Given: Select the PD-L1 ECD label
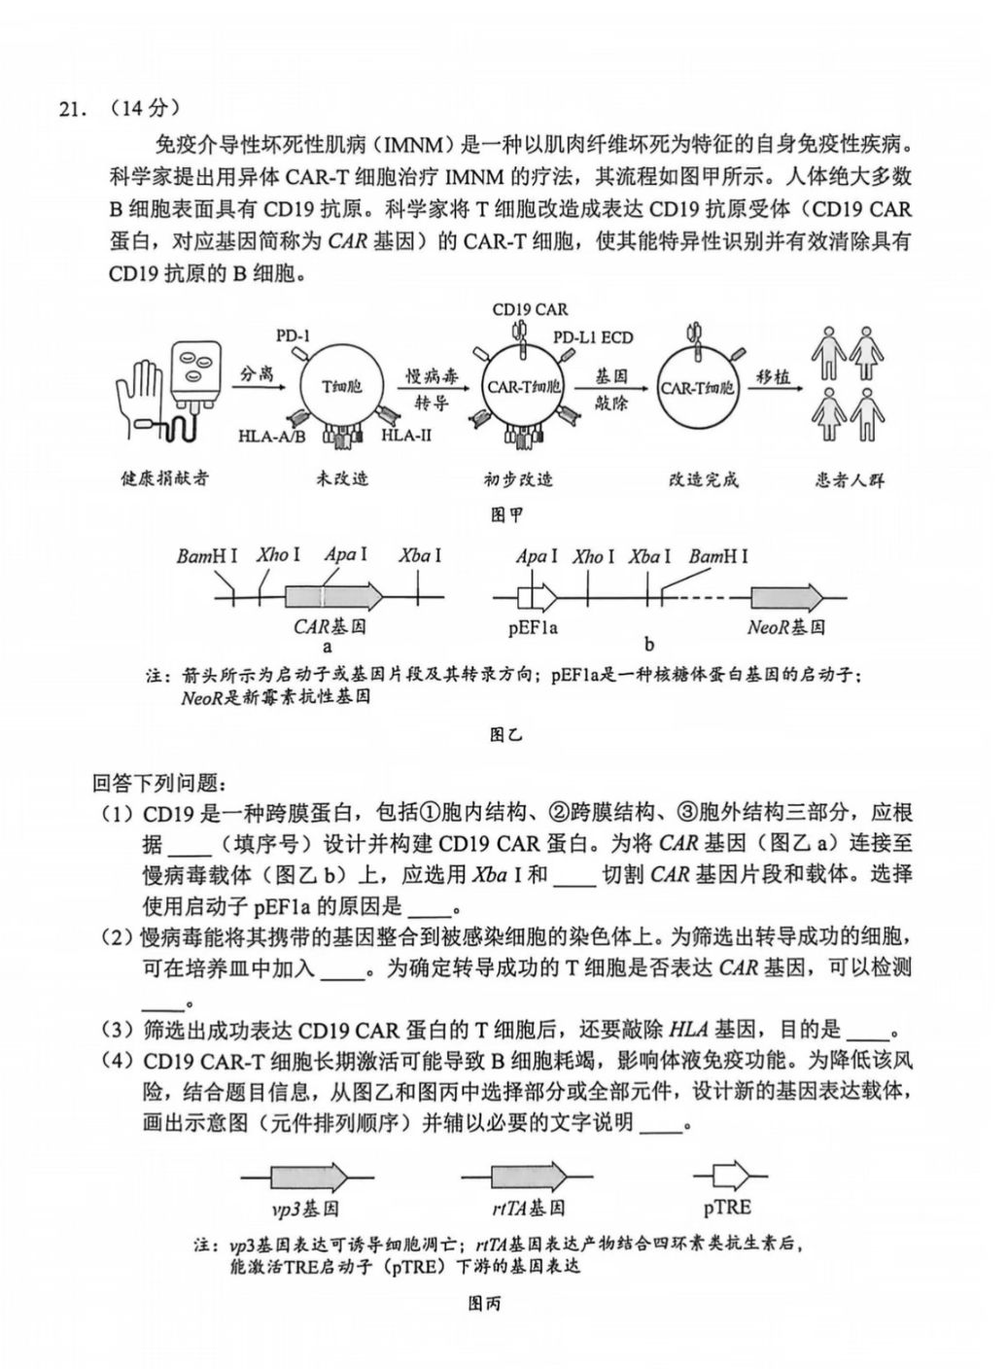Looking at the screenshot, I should [593, 337].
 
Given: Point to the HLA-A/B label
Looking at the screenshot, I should [271, 437].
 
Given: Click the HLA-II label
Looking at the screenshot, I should [405, 435].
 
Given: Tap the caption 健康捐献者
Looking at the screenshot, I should [165, 478].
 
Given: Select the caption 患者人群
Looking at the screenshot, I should [850, 478].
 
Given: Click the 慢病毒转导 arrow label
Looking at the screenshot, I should [433, 388].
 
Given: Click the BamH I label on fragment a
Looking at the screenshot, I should [207, 556].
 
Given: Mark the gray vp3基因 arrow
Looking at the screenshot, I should [307, 1177].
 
